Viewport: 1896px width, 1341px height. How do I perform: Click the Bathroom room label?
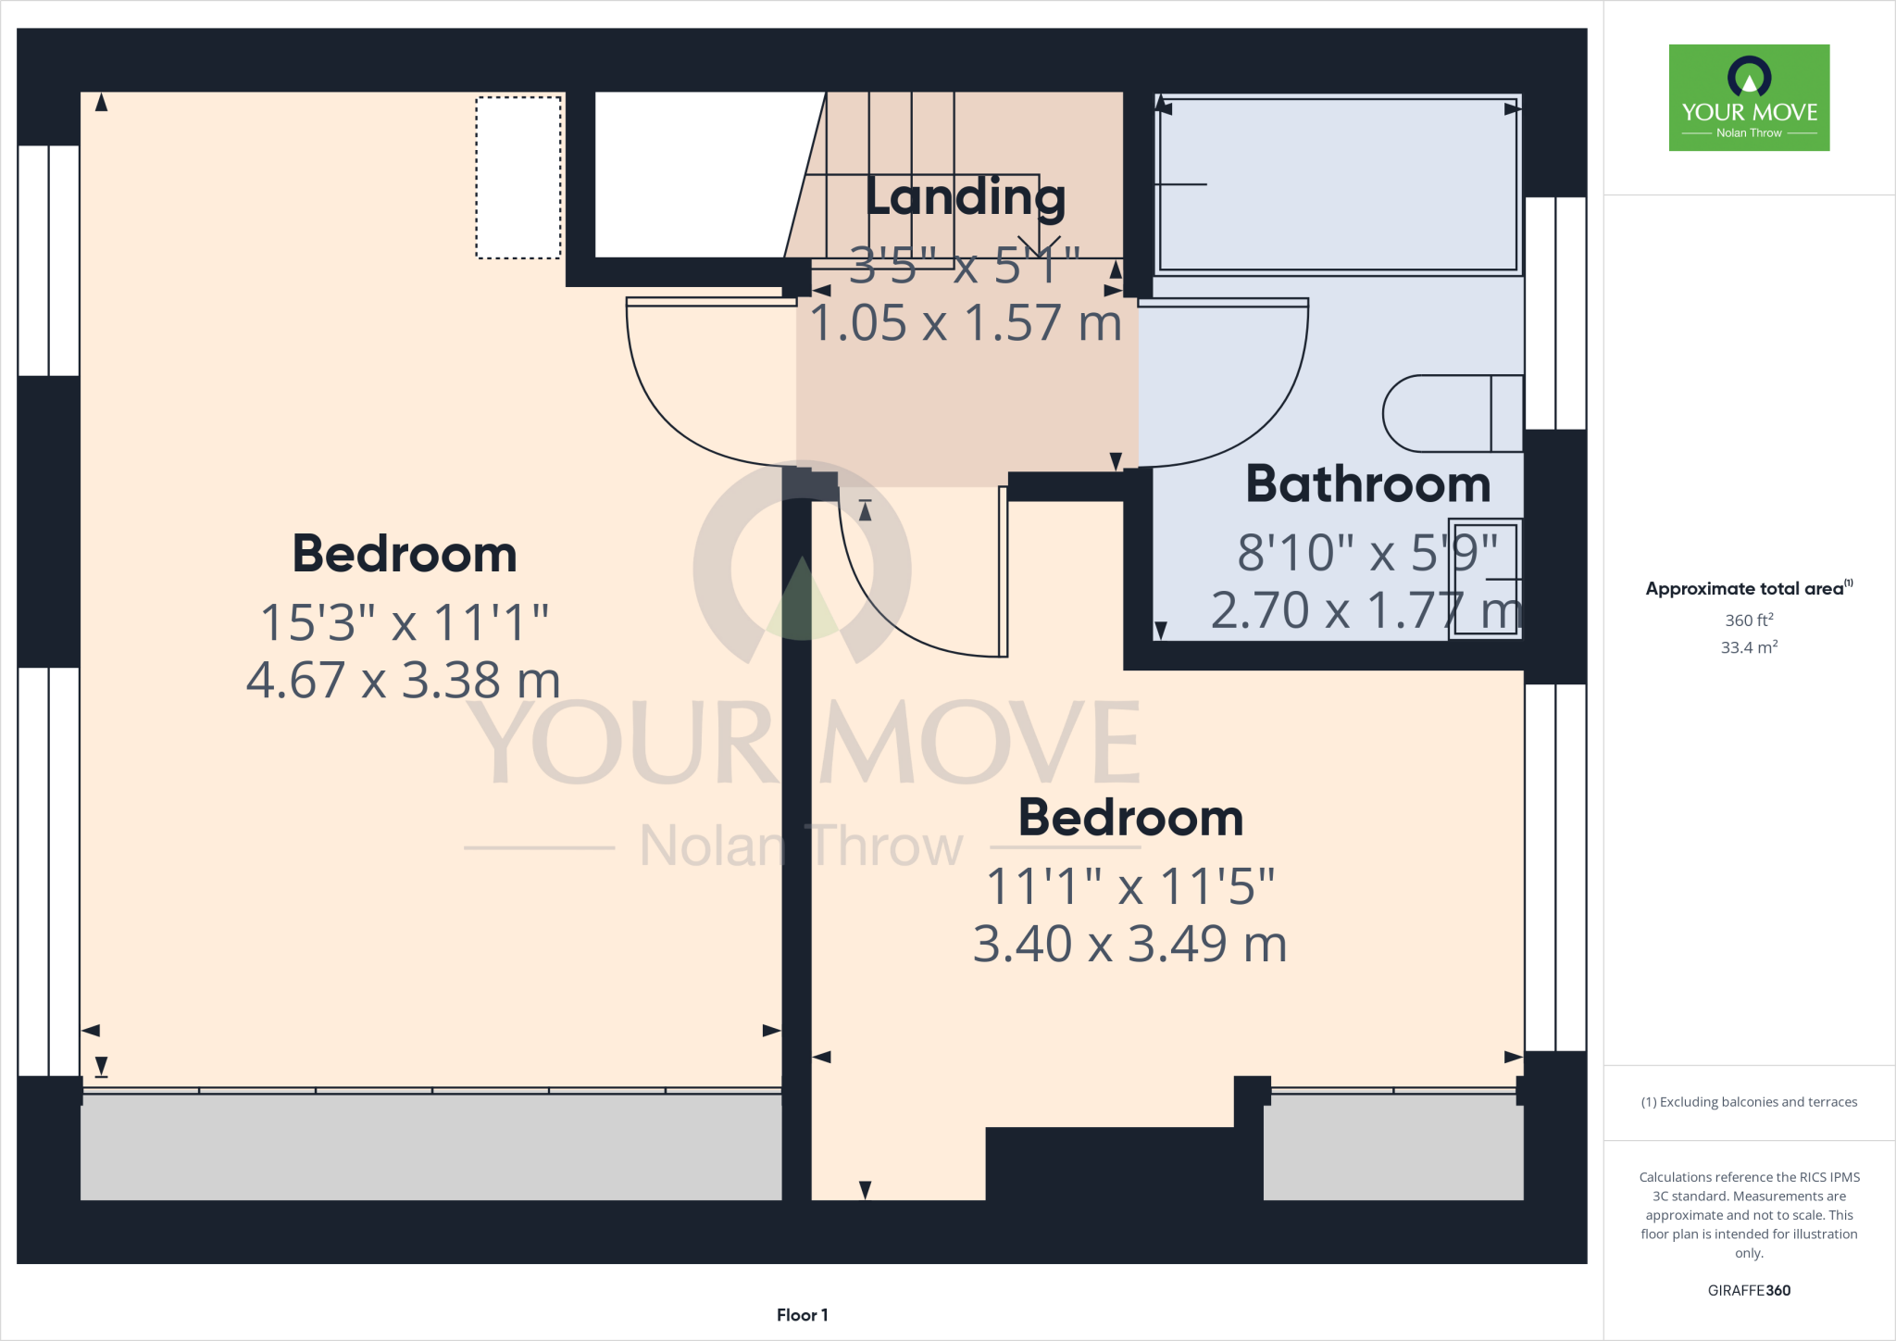1367,484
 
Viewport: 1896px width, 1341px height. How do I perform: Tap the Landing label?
966,197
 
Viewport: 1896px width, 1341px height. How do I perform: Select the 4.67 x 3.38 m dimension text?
404,681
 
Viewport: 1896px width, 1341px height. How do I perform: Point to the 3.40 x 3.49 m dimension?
1129,945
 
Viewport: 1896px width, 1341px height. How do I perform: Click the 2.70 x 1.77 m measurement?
1366,611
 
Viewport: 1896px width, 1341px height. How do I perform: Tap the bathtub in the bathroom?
1337,184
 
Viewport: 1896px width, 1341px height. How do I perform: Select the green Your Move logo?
1749,97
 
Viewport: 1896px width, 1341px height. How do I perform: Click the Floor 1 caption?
802,1315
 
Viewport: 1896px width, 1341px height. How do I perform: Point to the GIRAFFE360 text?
1749,1290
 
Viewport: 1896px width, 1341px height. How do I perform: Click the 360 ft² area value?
1749,620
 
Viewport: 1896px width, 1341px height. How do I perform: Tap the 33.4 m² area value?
1749,647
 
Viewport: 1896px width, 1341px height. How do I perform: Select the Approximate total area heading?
1748,589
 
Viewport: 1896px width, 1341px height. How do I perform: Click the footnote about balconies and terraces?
1749,1102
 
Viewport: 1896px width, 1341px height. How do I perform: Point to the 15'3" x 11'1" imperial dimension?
404,622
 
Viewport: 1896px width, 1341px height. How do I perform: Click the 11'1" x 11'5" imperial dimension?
1129,886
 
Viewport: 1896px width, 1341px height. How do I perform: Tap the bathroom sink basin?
1485,579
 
